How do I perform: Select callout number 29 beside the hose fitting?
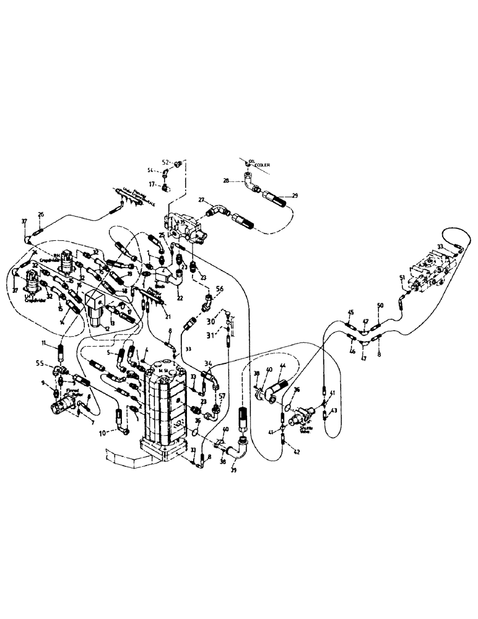coord(295,195)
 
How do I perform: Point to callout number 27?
coord(201,201)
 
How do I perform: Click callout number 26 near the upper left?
coord(41,215)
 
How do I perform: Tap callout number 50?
coord(380,306)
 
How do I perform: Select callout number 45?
coord(350,312)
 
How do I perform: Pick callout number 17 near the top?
coord(150,183)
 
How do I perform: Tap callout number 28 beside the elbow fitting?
coord(227,180)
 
